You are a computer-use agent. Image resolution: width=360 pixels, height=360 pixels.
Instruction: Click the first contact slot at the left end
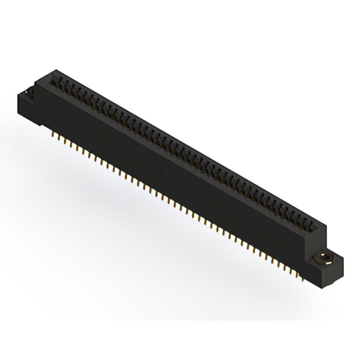[57, 82]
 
